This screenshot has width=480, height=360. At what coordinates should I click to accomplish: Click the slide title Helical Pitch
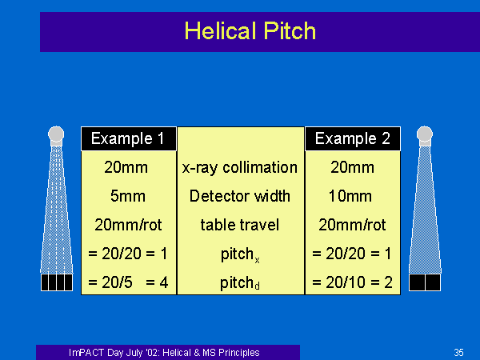[x=250, y=31]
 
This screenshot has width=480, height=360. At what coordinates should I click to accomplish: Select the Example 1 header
[x=129, y=138]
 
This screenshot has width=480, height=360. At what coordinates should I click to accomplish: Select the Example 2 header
[x=353, y=138]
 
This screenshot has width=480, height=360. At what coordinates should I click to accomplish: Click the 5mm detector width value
[x=128, y=196]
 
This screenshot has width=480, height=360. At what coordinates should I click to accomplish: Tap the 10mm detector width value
[x=350, y=196]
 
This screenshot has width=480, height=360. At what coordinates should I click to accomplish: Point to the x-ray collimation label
[x=240, y=168]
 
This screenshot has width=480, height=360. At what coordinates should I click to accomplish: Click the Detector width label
[x=240, y=196]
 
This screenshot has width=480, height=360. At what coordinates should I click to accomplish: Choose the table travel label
[x=240, y=225]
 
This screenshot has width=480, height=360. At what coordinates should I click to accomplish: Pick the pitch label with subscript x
[x=240, y=254]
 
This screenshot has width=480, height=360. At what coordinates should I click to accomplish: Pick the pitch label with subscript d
[x=240, y=283]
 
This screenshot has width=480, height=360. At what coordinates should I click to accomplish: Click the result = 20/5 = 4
[x=128, y=282]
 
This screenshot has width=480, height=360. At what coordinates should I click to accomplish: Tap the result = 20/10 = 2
[x=352, y=282]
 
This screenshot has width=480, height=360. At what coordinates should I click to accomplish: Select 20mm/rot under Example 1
[x=128, y=225]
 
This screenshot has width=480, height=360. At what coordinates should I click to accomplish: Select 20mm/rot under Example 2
[x=352, y=225]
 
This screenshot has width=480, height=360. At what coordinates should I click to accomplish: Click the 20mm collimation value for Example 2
[x=352, y=168]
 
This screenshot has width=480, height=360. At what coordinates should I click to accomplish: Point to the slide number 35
[x=458, y=352]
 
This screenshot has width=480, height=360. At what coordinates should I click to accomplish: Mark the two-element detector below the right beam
[x=425, y=282]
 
